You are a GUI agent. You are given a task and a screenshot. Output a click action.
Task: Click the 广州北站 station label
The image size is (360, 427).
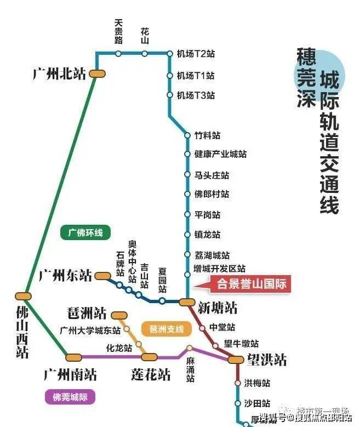point(60,74)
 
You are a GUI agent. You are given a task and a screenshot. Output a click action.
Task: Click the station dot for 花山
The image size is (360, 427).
point(145,54)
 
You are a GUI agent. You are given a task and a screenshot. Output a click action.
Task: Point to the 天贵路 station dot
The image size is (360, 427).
point(118,54)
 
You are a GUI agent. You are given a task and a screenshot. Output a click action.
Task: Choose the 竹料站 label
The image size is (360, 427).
point(207,135)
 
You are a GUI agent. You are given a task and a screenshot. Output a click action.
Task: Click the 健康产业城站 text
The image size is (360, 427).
point(220,155)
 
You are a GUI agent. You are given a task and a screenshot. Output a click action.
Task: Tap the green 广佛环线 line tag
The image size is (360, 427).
point(85,232)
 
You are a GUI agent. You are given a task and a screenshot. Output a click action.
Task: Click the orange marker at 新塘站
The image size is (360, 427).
point(187,302)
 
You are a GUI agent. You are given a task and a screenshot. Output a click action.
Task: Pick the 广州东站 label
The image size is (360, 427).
point(65,275)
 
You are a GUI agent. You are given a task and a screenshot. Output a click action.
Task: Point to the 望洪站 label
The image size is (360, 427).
point(266,360)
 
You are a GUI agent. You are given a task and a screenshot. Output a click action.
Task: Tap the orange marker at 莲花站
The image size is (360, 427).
point(149,357)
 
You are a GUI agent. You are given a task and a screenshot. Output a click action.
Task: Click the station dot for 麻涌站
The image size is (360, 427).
point(190,348)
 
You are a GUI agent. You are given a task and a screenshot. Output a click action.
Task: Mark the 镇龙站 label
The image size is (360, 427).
point(207,235)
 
